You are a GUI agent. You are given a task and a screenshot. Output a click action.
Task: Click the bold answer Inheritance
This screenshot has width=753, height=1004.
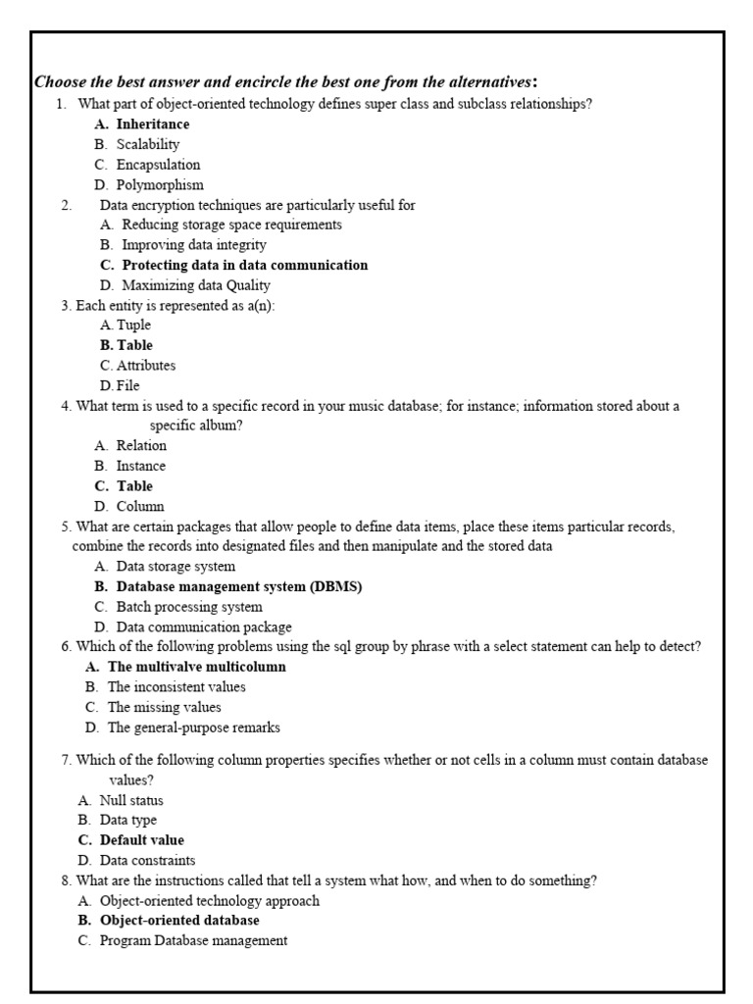[x=152, y=125]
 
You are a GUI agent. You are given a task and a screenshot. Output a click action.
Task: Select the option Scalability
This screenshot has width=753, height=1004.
[x=147, y=144]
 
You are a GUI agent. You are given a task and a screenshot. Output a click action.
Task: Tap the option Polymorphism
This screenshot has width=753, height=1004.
[x=160, y=184]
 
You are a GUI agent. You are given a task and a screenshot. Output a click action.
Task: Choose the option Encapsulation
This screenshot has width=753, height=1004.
[x=158, y=165]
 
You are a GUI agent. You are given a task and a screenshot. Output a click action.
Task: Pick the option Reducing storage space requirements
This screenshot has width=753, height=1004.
[x=231, y=225]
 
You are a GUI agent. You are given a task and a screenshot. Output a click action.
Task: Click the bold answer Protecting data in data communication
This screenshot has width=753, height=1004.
[x=244, y=265]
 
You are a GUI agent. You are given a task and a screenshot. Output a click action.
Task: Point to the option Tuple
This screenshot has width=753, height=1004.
[x=133, y=325]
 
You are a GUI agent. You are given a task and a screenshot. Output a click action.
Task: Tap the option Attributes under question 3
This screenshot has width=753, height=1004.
[x=146, y=366]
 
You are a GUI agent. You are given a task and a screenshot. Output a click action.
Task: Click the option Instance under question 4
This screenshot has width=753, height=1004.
[x=140, y=466]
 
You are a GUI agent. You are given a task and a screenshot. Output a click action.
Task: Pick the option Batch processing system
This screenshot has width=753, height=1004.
[x=189, y=607]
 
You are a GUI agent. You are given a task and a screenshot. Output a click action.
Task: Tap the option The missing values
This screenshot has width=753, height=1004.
[x=164, y=707]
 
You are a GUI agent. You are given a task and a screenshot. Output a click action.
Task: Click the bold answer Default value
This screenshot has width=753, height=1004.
[x=141, y=840]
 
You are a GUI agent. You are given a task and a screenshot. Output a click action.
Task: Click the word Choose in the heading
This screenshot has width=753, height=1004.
[x=61, y=80]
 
